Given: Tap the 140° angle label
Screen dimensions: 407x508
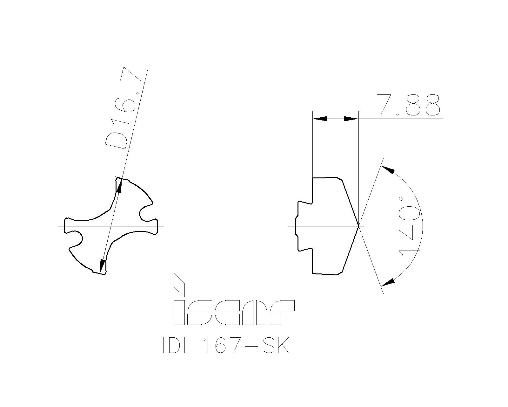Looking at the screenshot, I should (410, 226).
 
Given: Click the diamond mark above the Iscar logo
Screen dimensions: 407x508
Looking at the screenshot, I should (179, 284).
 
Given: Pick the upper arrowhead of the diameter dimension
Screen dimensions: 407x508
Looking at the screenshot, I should (119, 186).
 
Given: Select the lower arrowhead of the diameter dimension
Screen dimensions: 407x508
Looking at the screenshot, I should (102, 266).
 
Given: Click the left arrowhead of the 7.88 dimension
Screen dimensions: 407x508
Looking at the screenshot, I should (320, 119).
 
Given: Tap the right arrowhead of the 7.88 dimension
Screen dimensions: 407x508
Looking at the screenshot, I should (351, 119).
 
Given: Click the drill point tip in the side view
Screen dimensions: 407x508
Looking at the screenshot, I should (358, 226).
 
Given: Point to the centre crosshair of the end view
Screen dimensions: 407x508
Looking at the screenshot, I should (111, 226).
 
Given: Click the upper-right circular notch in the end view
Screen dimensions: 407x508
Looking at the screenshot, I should (146, 212).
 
